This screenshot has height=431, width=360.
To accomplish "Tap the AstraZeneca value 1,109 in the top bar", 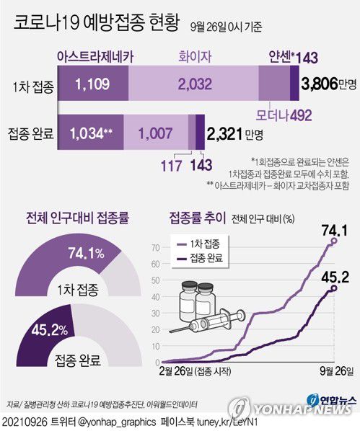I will click(x=93, y=85).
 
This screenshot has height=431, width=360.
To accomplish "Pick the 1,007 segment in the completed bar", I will click(x=155, y=133).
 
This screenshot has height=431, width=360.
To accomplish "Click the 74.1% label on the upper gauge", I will click(x=86, y=253).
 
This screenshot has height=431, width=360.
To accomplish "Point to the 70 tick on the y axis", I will click(x=155, y=247).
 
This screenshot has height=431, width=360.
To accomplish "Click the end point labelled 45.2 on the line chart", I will click(x=333, y=288).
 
